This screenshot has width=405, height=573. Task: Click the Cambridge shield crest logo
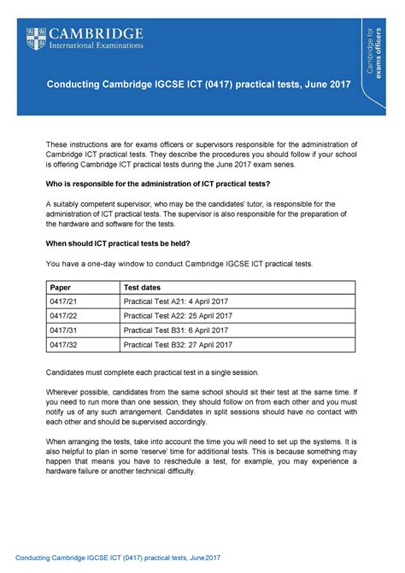pyautogui.click(x=36, y=37)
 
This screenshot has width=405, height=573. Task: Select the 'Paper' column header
pyautogui.click(x=61, y=288)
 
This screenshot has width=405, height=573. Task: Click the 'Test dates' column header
pyautogui.click(x=144, y=288)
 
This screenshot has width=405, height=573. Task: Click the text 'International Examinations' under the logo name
pyautogui.click(x=99, y=44)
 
